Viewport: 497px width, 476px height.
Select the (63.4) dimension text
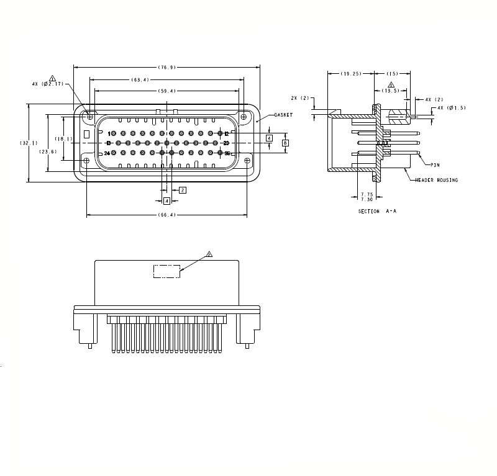[x=140, y=79]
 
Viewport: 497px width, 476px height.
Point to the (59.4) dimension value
[x=167, y=91]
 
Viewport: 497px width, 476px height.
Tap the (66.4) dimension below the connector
[x=167, y=215]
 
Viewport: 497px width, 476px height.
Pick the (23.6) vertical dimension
[x=48, y=151]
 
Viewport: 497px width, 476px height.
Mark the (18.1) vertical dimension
[x=64, y=138]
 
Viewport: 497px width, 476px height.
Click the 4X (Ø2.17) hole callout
[x=48, y=83]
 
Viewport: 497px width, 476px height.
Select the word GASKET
[x=283, y=115]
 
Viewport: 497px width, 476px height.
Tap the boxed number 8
[x=285, y=143]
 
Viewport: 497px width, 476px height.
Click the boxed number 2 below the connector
[x=182, y=190]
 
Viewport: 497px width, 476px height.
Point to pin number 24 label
[x=107, y=153]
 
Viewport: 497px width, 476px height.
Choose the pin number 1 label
[x=109, y=133]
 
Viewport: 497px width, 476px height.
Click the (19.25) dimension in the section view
[x=351, y=73]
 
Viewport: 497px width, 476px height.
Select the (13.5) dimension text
[x=391, y=90]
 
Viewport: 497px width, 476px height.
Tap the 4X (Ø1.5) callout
[x=451, y=108]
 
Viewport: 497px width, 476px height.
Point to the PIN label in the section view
[x=435, y=165]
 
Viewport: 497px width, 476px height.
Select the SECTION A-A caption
[x=377, y=211]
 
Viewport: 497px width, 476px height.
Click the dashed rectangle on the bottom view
[x=166, y=271]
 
